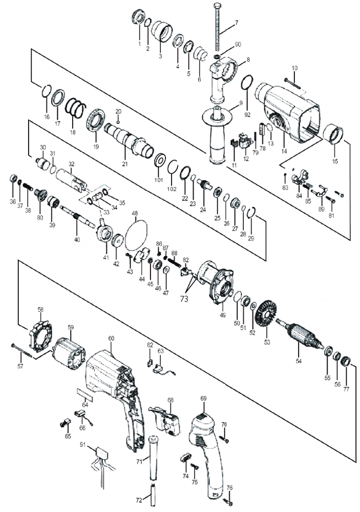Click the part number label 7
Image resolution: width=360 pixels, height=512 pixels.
[x=237, y=23]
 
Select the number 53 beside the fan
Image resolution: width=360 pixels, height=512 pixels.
[x=266, y=340]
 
